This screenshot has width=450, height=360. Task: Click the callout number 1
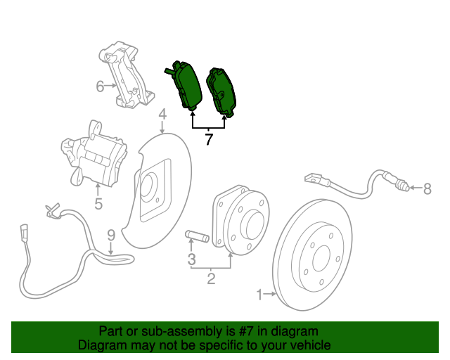pyautogui.click(x=259, y=294)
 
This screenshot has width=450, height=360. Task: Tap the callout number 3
pyautogui.click(x=191, y=261)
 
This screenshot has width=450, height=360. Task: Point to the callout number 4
pyautogui.click(x=162, y=115)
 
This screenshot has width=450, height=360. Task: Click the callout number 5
pyautogui.click(x=98, y=205)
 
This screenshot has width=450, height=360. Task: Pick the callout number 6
pyautogui.click(x=101, y=87)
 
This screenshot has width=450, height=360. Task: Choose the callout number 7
pyautogui.click(x=209, y=140)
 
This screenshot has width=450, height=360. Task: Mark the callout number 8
pyautogui.click(x=427, y=188)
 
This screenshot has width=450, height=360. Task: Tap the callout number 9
pyautogui.click(x=110, y=234)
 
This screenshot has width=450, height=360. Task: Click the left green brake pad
pyautogui.click(x=186, y=84)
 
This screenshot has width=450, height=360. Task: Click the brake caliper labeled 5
pyautogui.click(x=94, y=158)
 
